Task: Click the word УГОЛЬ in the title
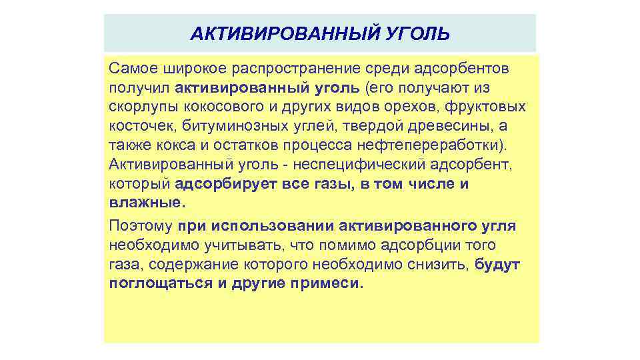(418, 33)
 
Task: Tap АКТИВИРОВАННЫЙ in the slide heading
(285, 33)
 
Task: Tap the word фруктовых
(484, 107)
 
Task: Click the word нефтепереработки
(424, 145)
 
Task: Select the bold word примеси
(327, 284)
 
